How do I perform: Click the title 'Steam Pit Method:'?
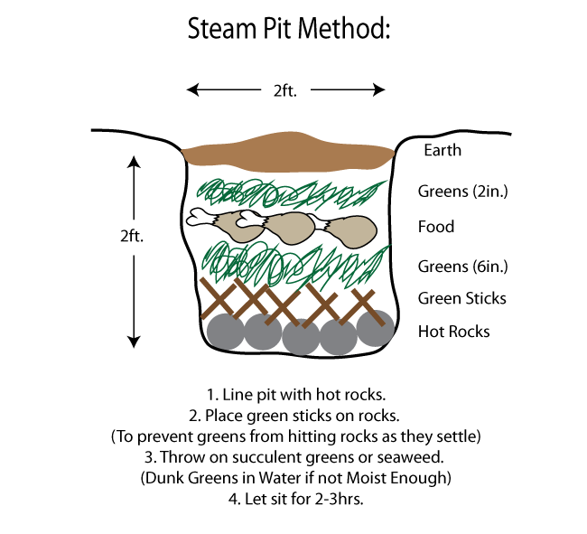pos(289,29)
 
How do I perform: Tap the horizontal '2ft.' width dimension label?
pos(286,89)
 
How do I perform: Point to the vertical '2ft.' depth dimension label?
pos(133,236)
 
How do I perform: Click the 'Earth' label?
pos(443,150)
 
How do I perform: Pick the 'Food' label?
pos(436,227)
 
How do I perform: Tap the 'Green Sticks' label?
pos(461,298)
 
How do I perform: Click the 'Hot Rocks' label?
pos(453,332)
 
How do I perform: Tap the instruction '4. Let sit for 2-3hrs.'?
pos(288,498)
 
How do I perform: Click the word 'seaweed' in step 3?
pos(403,456)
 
